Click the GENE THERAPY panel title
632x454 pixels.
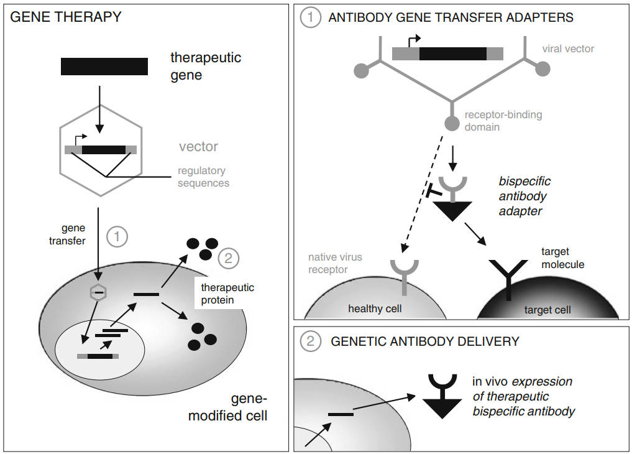(x=66, y=17)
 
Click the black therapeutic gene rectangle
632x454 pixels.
(x=104, y=67)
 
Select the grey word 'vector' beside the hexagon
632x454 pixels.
(x=199, y=147)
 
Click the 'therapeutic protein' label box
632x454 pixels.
(x=227, y=294)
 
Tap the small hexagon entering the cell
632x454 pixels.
(x=96, y=292)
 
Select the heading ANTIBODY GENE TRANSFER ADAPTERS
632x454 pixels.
(x=451, y=18)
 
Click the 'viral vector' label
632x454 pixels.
(x=568, y=49)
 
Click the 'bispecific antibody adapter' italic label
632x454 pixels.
(x=524, y=197)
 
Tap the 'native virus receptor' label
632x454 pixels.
(x=335, y=262)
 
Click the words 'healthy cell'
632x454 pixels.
(x=375, y=308)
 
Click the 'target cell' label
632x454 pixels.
(x=547, y=309)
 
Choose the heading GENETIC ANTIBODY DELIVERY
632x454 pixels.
(x=425, y=341)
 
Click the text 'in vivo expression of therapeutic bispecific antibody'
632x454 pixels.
(x=523, y=396)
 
